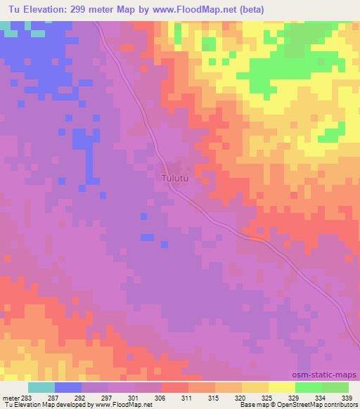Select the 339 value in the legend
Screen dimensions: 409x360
point(345,398)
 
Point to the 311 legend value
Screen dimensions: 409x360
point(187,398)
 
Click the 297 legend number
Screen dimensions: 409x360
point(108,398)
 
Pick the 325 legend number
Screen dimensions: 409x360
point(267,398)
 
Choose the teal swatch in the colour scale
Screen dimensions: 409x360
point(41,387)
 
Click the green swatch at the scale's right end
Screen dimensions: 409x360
point(335,387)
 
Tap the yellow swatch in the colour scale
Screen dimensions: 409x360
point(281,387)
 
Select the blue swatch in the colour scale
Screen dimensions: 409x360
point(68,387)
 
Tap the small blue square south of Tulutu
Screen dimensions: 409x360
point(147,237)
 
